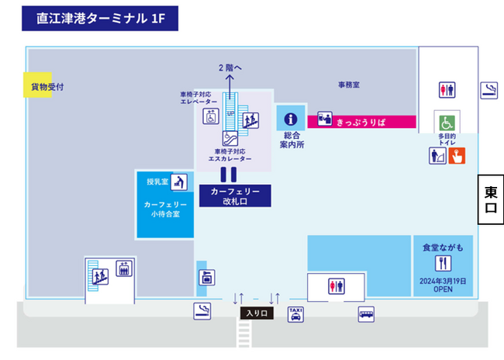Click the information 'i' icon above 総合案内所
coord(291,119)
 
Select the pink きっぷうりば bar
coord(362,121)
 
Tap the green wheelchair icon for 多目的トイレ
coord(447,123)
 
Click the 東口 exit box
coord(490,199)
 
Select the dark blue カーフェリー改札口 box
coord(235,196)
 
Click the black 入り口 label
coord(257,313)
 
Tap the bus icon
coord(366,313)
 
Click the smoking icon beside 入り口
coord(202,312)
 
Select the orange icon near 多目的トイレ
coord(457,155)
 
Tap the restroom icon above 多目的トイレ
coord(447,90)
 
